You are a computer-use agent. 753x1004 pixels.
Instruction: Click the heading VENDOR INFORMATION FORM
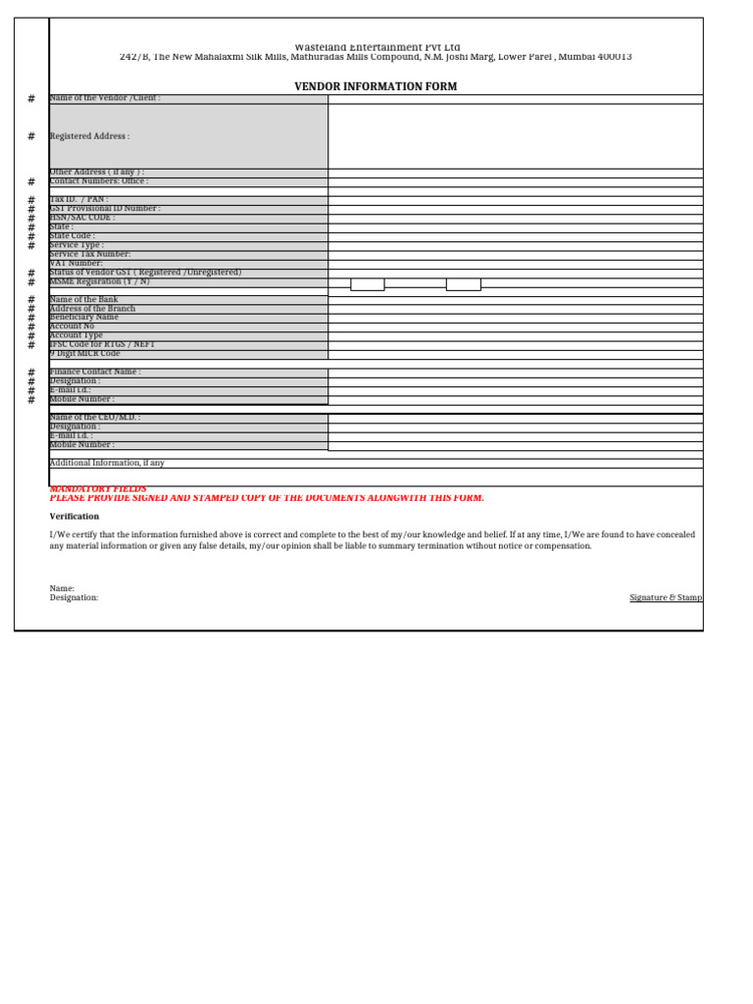tap(376, 87)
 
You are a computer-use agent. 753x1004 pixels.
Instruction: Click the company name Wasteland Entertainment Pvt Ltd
tap(376, 47)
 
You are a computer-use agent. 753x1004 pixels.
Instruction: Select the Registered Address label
tap(89, 136)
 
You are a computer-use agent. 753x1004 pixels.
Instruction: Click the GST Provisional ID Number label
tap(105, 209)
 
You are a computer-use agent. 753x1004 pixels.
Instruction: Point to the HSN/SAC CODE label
tap(82, 218)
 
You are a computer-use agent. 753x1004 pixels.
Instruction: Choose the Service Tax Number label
tap(89, 254)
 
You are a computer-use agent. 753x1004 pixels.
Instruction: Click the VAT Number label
tap(75, 264)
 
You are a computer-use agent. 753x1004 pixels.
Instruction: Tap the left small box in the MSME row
tap(368, 284)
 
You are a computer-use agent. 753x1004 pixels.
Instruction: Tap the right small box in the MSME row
tap(463, 284)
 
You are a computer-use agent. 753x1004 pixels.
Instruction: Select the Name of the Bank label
tap(84, 300)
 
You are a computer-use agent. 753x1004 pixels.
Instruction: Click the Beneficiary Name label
tap(83, 318)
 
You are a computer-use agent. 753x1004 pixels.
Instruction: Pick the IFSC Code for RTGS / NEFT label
tap(102, 344)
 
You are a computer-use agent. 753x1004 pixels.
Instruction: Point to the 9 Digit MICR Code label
tap(84, 354)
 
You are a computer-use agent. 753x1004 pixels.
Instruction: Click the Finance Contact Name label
tap(95, 373)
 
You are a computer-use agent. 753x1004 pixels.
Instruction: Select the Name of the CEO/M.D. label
tap(94, 418)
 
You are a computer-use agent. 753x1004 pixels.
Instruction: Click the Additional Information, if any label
tap(107, 463)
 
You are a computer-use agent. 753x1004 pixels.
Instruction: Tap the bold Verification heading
tap(75, 517)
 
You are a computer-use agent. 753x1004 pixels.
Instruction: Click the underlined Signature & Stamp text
tap(666, 597)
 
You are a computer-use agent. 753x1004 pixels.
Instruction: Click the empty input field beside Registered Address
tap(515, 136)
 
